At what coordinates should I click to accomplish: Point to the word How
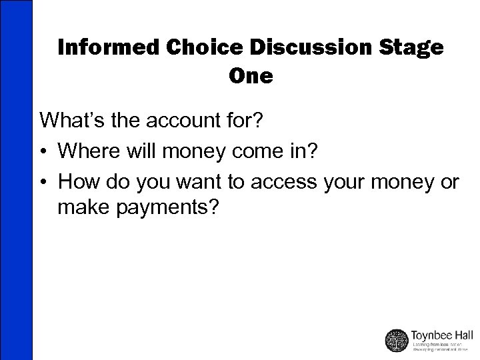point(77,181)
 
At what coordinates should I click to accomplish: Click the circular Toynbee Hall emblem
point(397,340)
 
